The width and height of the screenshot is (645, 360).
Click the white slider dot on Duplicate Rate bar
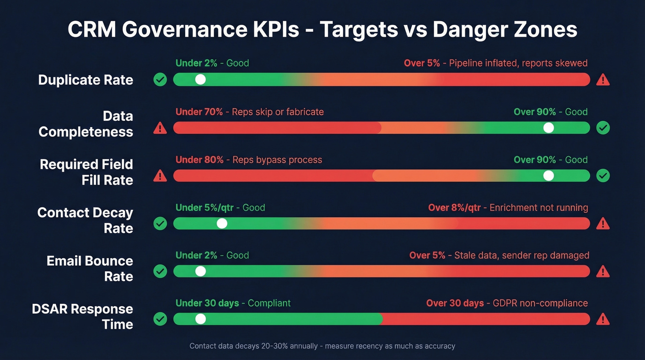pyautogui.click(x=200, y=79)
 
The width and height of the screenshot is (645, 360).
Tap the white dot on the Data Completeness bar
pyautogui.click(x=548, y=128)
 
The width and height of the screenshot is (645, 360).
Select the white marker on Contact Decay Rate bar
pyautogui.click(x=222, y=224)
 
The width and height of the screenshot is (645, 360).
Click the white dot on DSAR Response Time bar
pyautogui.click(x=200, y=319)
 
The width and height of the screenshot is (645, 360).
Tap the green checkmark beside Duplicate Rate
pyautogui.click(x=160, y=80)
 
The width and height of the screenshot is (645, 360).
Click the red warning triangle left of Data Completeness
pyautogui.click(x=160, y=128)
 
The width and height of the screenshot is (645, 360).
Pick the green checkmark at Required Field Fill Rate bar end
pyautogui.click(x=603, y=176)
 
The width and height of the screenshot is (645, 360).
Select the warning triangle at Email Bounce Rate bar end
pyautogui.click(x=603, y=271)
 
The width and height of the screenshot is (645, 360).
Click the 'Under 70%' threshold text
pyautogui.click(x=199, y=112)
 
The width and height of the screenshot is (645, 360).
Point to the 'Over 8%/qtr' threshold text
pyautogui.click(x=454, y=208)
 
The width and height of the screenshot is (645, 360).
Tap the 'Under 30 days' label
pyautogui.click(x=207, y=303)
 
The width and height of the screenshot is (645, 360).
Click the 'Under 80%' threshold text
pyautogui.click(x=199, y=160)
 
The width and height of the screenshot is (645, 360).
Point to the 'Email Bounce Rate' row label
pyautogui.click(x=89, y=268)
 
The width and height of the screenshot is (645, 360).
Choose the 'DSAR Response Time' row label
pyautogui.click(x=82, y=316)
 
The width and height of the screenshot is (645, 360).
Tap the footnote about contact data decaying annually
pyautogui.click(x=322, y=346)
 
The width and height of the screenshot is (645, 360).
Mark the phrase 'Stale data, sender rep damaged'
pyautogui.click(x=522, y=255)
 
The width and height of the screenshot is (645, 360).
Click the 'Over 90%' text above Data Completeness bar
pyautogui.click(x=535, y=112)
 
